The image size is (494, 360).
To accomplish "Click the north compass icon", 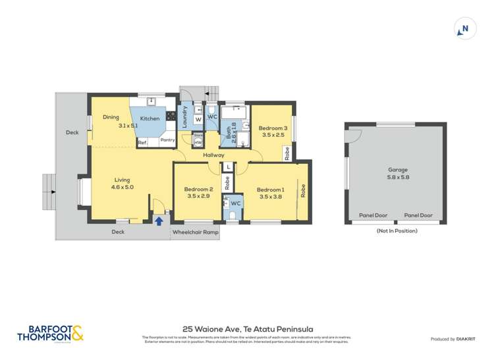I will [x=465, y=29].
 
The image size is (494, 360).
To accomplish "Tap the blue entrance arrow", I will [x=158, y=220].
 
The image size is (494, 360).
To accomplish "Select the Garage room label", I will [x=397, y=170].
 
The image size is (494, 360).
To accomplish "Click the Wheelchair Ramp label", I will [x=195, y=232].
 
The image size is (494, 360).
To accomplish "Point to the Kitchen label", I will [x=150, y=118].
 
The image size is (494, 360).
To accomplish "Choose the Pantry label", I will [x=167, y=140].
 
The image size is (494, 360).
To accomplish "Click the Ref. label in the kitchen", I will [x=142, y=142].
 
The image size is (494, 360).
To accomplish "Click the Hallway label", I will [x=213, y=155].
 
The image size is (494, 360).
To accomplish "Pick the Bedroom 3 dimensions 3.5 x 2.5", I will [x=273, y=135].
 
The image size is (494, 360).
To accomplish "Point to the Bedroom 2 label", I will [x=198, y=190].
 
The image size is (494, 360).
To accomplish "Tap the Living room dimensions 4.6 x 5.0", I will [x=122, y=187].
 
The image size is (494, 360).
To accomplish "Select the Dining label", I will [x=111, y=117].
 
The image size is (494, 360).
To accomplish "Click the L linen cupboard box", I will [x=227, y=167].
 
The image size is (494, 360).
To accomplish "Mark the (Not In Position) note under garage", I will [x=397, y=231].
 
